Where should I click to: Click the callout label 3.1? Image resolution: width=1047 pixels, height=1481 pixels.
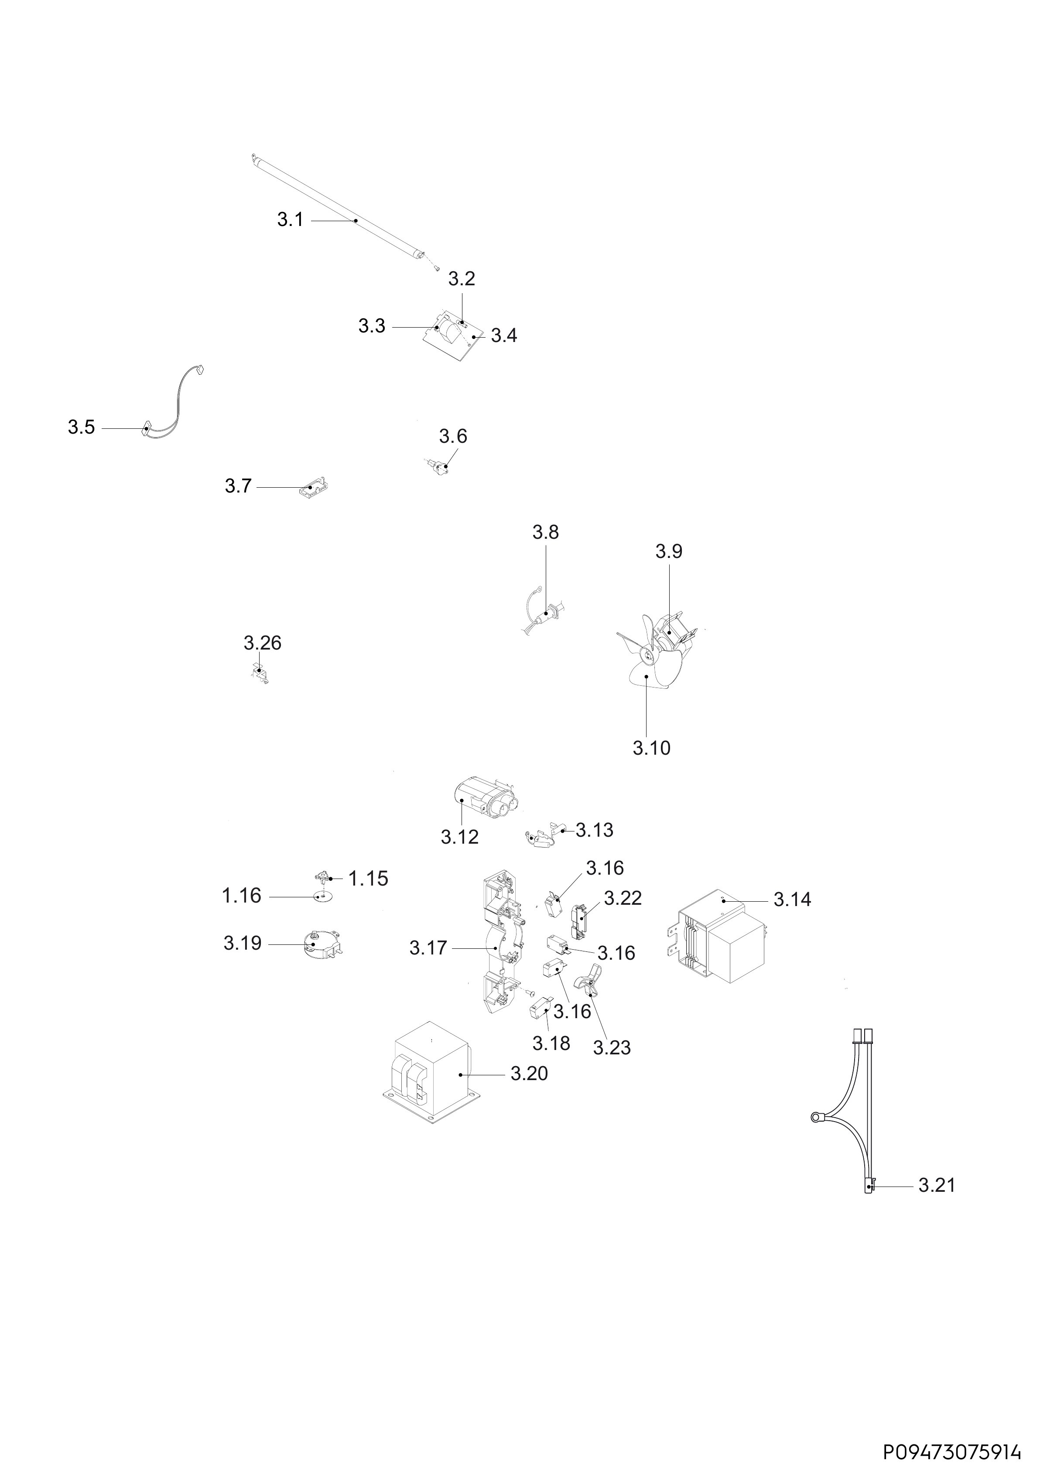[290, 220]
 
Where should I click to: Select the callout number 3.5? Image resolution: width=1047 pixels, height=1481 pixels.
[81, 427]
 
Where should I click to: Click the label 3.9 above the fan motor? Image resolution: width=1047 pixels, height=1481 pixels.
[669, 551]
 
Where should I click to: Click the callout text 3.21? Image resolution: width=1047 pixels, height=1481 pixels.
[937, 1186]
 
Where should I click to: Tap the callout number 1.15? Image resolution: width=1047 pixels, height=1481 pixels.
[368, 879]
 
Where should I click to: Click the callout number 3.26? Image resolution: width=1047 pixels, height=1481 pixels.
[263, 643]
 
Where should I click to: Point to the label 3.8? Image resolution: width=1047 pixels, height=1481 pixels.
[546, 532]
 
